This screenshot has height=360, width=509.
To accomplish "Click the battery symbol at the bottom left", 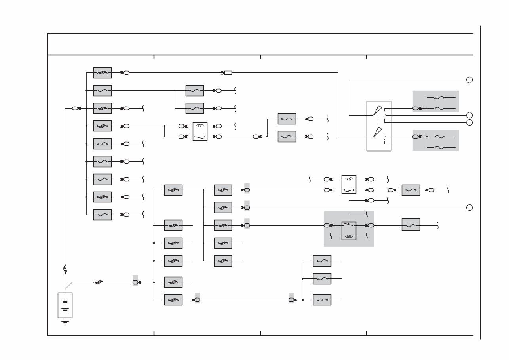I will pyautogui.click(x=65, y=305).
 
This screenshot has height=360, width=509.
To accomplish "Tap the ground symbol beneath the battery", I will pyautogui.click(x=65, y=323).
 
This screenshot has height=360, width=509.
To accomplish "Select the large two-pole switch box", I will pyautogui.click(x=379, y=126).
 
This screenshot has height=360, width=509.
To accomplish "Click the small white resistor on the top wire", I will pyautogui.click(x=228, y=73).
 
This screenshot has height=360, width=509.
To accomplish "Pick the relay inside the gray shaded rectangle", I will pyautogui.click(x=349, y=230).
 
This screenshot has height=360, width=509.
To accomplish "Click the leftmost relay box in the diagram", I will pyautogui.click(x=200, y=131).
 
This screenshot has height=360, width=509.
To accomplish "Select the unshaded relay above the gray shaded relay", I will pyautogui.click(x=349, y=185).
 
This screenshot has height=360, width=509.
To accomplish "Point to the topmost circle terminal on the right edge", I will pyautogui.click(x=469, y=80).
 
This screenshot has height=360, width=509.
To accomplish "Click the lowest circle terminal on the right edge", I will pyautogui.click(x=469, y=208).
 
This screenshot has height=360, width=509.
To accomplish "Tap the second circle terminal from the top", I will pyautogui.click(x=469, y=115).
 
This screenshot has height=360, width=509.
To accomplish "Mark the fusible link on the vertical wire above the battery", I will pyautogui.click(x=65, y=270).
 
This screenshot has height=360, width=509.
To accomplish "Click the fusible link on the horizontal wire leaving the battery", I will pyautogui.click(x=99, y=282).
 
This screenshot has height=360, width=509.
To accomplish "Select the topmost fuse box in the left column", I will pyautogui.click(x=103, y=73).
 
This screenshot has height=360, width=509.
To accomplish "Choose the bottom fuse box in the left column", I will pyautogui.click(x=103, y=215).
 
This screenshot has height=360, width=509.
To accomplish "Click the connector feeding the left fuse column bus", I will pyautogui.click(x=76, y=108).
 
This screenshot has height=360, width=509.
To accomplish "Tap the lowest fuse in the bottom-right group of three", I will pyautogui.click(x=322, y=300).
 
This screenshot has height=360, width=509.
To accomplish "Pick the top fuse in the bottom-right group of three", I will pyautogui.click(x=322, y=261).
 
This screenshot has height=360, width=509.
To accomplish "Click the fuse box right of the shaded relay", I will pyautogui.click(x=410, y=225).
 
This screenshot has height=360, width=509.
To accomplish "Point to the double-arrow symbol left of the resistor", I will pyautogui.click(x=222, y=73).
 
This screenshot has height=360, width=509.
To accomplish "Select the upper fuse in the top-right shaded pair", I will pyautogui.click(x=439, y=98).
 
